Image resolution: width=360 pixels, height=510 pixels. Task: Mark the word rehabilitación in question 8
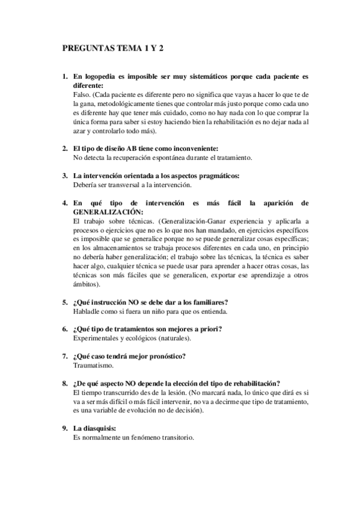(254, 383)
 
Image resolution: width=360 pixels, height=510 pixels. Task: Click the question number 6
(65, 329)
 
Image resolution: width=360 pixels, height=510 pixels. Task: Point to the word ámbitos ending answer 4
(85, 284)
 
